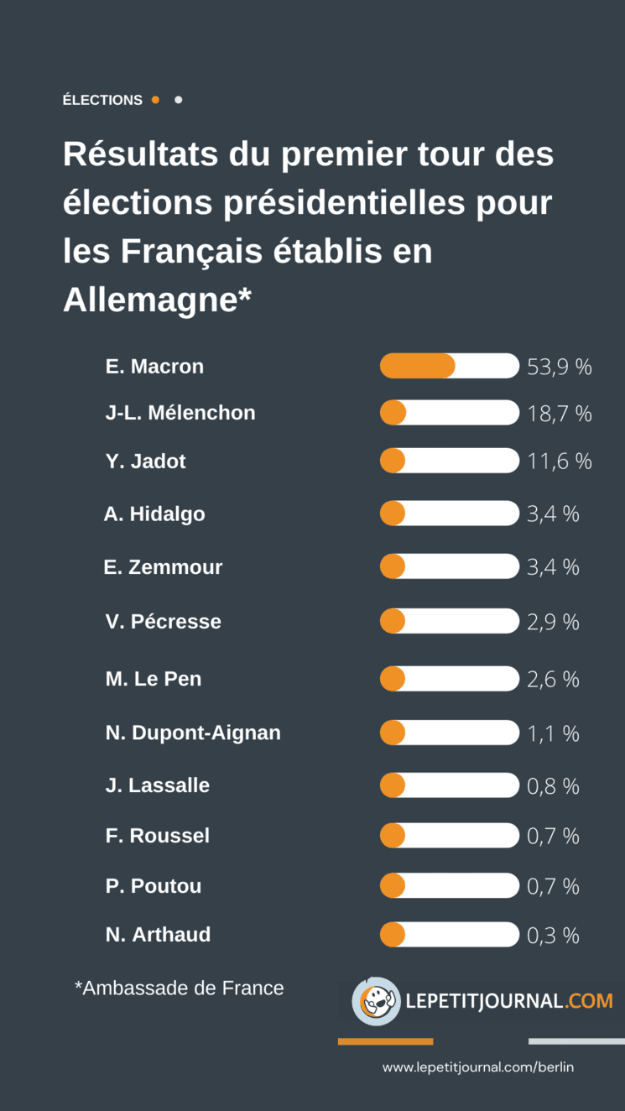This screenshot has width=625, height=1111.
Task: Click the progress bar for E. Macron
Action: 449,366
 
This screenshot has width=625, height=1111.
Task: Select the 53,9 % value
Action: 559,367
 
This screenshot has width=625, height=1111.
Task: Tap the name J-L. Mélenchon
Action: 180,413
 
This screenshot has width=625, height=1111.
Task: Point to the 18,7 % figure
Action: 559,413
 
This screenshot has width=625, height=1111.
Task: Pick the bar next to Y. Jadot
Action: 449,461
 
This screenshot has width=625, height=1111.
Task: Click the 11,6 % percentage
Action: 559,462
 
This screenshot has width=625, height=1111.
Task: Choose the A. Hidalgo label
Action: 154,514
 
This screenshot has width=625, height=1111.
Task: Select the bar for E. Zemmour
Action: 449,566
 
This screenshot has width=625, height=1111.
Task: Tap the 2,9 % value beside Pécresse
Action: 553,622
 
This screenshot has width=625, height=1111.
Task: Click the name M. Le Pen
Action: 154,679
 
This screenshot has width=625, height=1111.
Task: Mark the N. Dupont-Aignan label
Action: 193,733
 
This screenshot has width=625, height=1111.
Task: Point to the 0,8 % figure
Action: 553,786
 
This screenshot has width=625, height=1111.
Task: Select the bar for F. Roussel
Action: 449,836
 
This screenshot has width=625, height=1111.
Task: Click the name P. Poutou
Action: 154,886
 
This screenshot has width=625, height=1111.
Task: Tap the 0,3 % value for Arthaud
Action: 553,936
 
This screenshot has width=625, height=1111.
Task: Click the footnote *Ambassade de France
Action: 180,988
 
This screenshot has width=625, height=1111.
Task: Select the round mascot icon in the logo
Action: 376,1001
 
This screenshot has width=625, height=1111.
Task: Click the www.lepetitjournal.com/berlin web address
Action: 478,1067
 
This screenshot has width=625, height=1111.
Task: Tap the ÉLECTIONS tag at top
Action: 102,100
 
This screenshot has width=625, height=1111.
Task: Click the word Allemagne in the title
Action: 149,300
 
